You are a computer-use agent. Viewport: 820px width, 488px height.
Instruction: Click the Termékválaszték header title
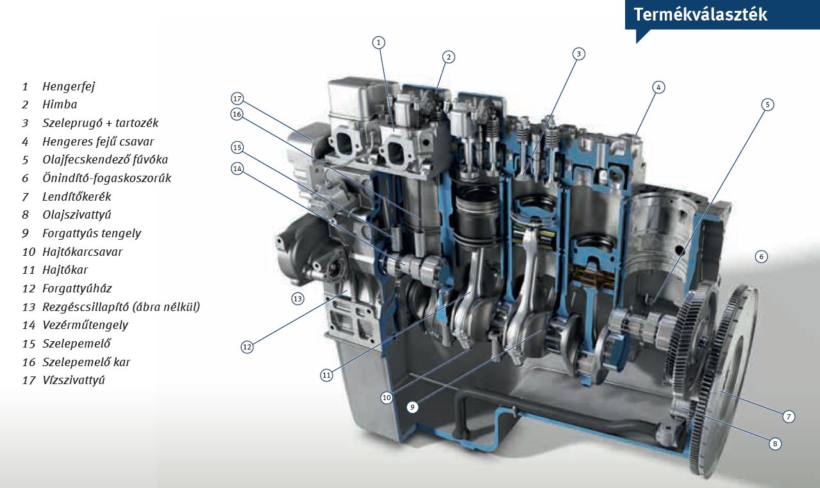tap(700, 15)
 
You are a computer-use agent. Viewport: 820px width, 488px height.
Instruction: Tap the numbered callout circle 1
tap(378, 42)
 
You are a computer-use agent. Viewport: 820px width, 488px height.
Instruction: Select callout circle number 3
tap(579, 54)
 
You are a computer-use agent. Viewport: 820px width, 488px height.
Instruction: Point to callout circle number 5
tap(767, 105)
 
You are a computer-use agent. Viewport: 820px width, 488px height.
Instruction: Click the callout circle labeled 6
tap(762, 257)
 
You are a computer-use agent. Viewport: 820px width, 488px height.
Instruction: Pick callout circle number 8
tap(775, 444)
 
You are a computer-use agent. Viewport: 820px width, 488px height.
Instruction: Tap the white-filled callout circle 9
tap(412, 407)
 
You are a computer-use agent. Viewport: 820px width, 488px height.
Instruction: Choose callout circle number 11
tap(326, 375)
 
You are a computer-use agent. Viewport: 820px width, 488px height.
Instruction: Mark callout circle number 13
tap(297, 299)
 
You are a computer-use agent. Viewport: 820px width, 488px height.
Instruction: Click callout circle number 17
tap(238, 99)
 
